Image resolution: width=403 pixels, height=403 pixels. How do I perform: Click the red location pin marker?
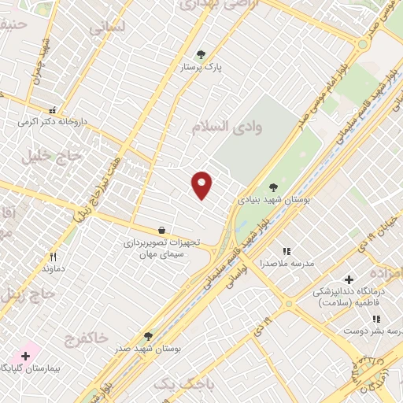pyautogui.click(x=202, y=184)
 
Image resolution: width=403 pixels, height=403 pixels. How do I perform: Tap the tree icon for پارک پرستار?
pyautogui.click(x=201, y=54)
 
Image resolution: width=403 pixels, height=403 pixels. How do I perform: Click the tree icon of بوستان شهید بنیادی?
pyautogui.click(x=273, y=187)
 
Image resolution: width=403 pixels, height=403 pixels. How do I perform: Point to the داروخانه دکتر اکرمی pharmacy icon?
pyautogui.click(x=53, y=111)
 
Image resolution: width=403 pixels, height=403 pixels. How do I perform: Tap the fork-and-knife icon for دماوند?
pyautogui.click(x=53, y=257)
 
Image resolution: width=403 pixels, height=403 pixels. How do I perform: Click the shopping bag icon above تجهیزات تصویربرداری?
pyautogui.click(x=161, y=231)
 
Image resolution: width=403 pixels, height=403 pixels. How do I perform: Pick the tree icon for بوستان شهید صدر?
pyautogui.click(x=148, y=336)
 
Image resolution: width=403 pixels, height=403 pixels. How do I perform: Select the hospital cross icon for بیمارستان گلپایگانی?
pyautogui.click(x=25, y=357)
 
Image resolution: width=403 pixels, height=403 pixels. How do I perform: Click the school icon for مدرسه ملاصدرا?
pyautogui.click(x=287, y=251)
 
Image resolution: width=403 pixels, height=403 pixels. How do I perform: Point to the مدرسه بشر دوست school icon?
pyautogui.click(x=376, y=320)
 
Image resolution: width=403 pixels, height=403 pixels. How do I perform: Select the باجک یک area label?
pyautogui.click(x=172, y=383)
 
